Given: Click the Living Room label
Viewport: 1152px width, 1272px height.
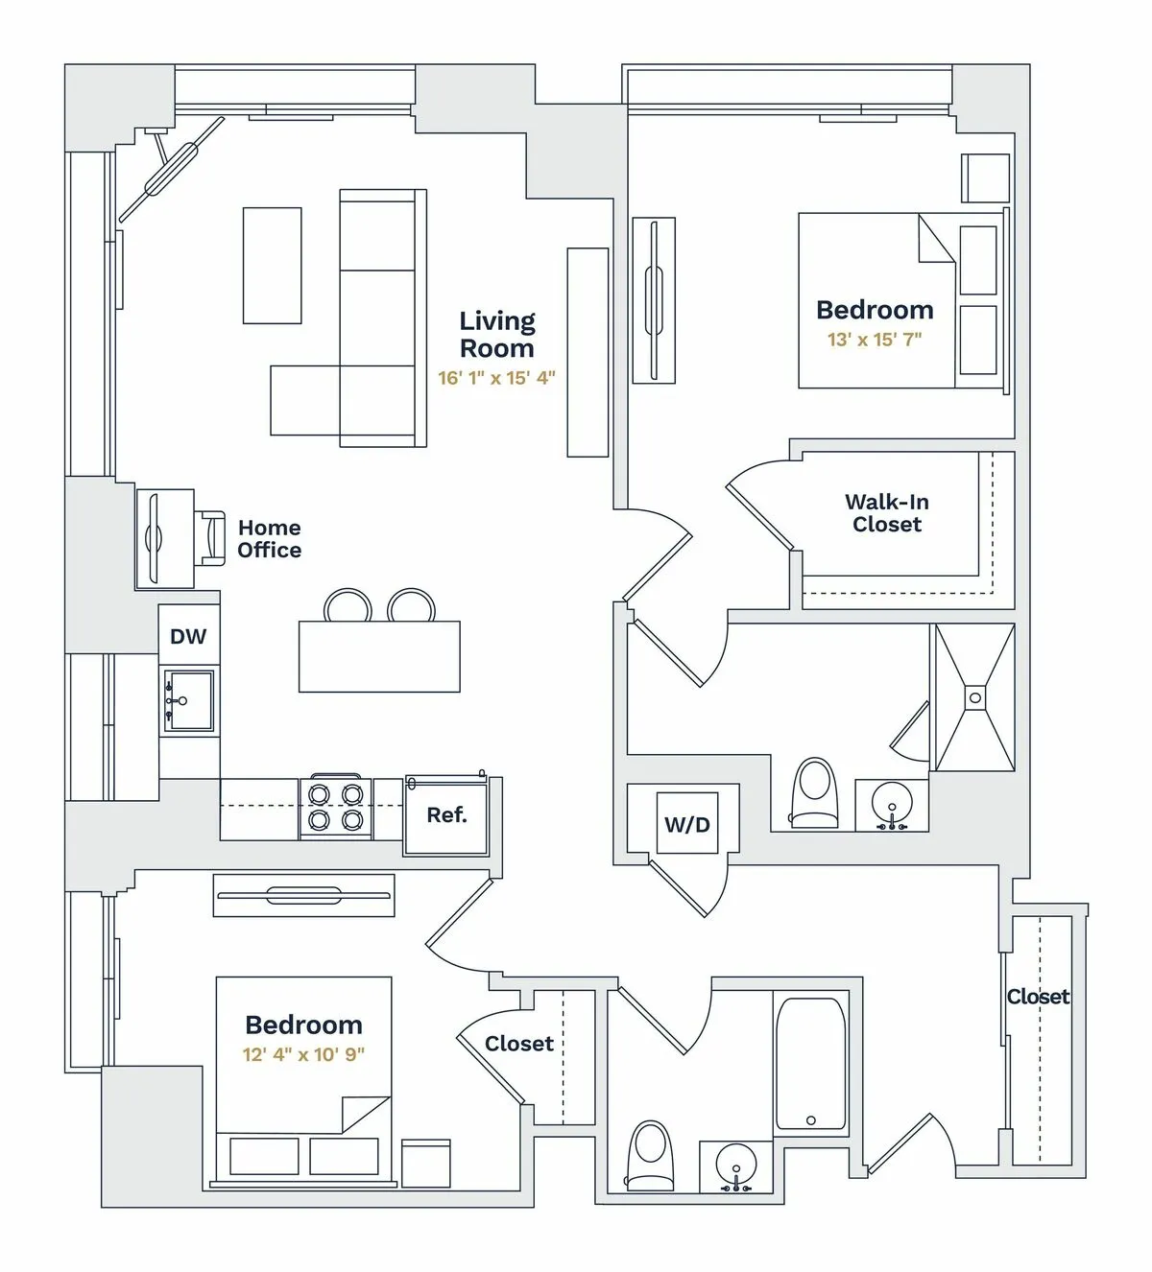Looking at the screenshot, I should [496, 334].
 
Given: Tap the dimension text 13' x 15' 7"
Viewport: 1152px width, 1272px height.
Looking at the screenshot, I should [874, 340].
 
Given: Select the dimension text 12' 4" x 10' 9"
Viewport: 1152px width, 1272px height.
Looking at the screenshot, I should [303, 1055].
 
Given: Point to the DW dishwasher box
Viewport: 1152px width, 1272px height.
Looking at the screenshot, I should [188, 636].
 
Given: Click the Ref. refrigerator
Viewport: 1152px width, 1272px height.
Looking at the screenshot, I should [446, 815].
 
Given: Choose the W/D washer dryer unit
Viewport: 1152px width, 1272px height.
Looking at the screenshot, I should [687, 824].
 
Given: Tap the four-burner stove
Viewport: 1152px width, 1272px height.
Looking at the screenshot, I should [335, 807].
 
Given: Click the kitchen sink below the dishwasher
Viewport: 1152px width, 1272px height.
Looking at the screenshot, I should [189, 701].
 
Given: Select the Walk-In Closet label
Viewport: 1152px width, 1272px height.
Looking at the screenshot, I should [886, 513].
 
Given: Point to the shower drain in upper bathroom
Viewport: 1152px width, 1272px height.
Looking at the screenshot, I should [974, 698].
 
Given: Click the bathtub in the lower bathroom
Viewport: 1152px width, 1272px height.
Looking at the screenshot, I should [810, 1064].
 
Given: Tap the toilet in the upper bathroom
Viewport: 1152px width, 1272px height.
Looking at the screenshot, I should [814, 792].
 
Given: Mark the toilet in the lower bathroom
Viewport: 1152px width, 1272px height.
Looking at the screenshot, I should [650, 1155].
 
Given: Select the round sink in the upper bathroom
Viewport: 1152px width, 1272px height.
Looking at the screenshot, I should [892, 804].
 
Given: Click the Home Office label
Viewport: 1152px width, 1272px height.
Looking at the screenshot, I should [269, 539].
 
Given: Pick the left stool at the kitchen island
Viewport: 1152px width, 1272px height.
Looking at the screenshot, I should [348, 606].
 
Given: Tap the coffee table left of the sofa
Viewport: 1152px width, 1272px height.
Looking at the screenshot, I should [272, 266].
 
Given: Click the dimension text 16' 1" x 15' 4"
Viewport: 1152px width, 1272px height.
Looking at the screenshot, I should [496, 378].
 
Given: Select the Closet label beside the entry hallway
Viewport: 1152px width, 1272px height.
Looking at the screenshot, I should [1037, 997].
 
